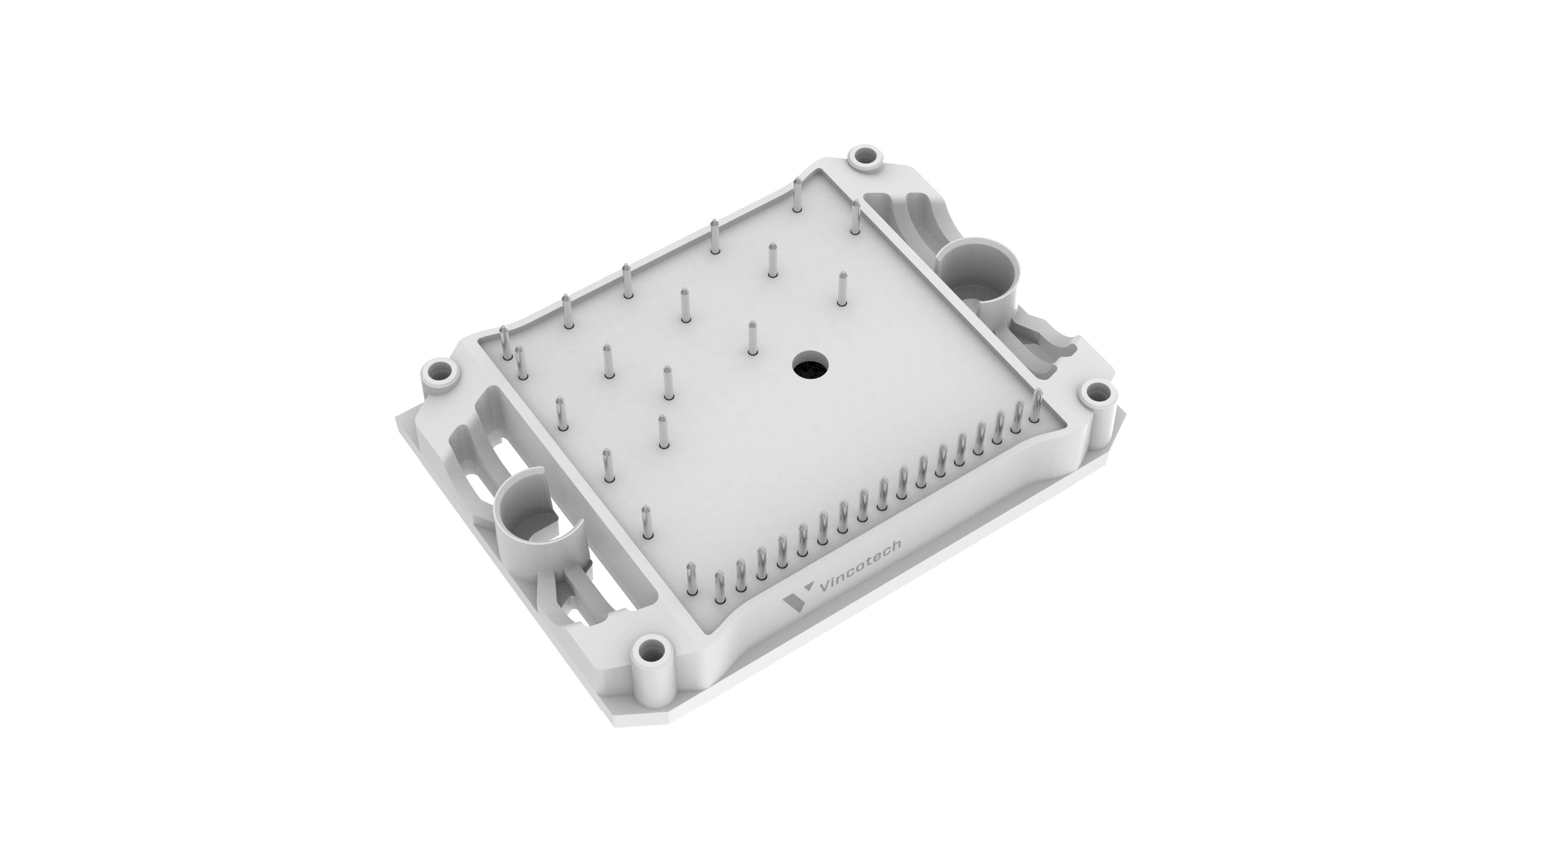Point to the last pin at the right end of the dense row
pyautogui.click(x=1037, y=405)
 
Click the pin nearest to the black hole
pyautogui.click(x=751, y=338)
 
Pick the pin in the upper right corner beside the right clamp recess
pyautogui.click(x=855, y=219)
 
